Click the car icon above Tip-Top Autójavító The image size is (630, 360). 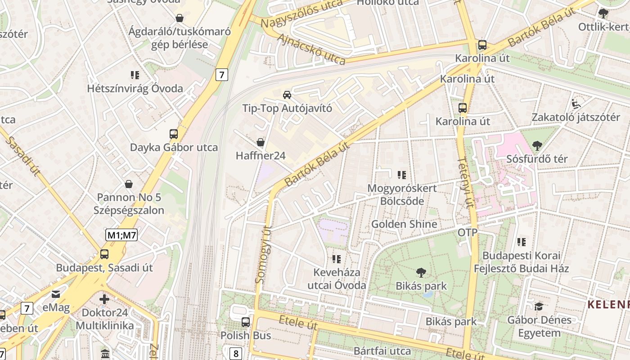click(x=287, y=95)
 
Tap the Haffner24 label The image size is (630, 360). click(x=261, y=156)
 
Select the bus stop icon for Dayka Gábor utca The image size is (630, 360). click(x=174, y=134)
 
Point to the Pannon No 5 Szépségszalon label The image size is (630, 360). click(x=129, y=204)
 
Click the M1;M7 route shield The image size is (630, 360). click(x=121, y=234)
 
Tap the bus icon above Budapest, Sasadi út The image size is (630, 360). click(x=104, y=254)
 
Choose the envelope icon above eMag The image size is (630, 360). click(x=56, y=294)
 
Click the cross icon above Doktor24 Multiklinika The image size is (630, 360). click(x=104, y=299)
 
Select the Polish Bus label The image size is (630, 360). click(x=246, y=335)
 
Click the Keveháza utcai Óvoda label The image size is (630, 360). click(x=337, y=279)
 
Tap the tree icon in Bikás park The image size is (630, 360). click(x=421, y=272)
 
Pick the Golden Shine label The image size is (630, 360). click(x=404, y=224)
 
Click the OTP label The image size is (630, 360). click(x=468, y=233)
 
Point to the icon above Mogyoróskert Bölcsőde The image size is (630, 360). click(x=402, y=175)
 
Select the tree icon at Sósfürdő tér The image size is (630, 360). click(x=537, y=145)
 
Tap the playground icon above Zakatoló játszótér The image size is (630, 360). click(x=576, y=104)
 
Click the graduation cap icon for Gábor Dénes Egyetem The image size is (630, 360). click(x=539, y=306)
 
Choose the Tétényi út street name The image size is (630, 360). click(x=466, y=182)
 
